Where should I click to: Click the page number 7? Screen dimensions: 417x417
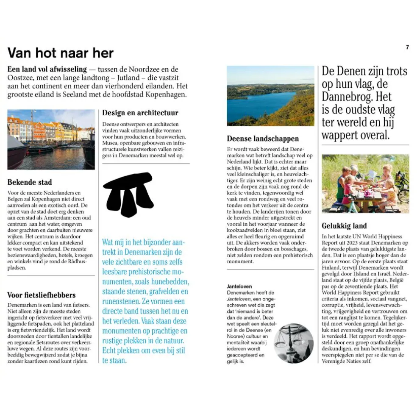[x=407, y=47]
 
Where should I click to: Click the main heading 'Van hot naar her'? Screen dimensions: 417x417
[x=61, y=53]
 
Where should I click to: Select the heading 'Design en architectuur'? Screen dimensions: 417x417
[x=140, y=113]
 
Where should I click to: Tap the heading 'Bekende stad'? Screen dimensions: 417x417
[x=30, y=182]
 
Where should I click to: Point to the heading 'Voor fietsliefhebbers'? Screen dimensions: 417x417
[x=42, y=295]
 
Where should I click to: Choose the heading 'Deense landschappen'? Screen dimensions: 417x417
[x=263, y=139]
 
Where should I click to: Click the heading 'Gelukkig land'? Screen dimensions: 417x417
[x=344, y=226]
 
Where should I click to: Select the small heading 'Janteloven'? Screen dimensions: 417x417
[x=239, y=286]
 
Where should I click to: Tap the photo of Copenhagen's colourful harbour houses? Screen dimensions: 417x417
[x=51, y=139]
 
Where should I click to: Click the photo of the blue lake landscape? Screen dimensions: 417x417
[x=270, y=96]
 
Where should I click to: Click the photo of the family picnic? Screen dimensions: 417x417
[x=365, y=183]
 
